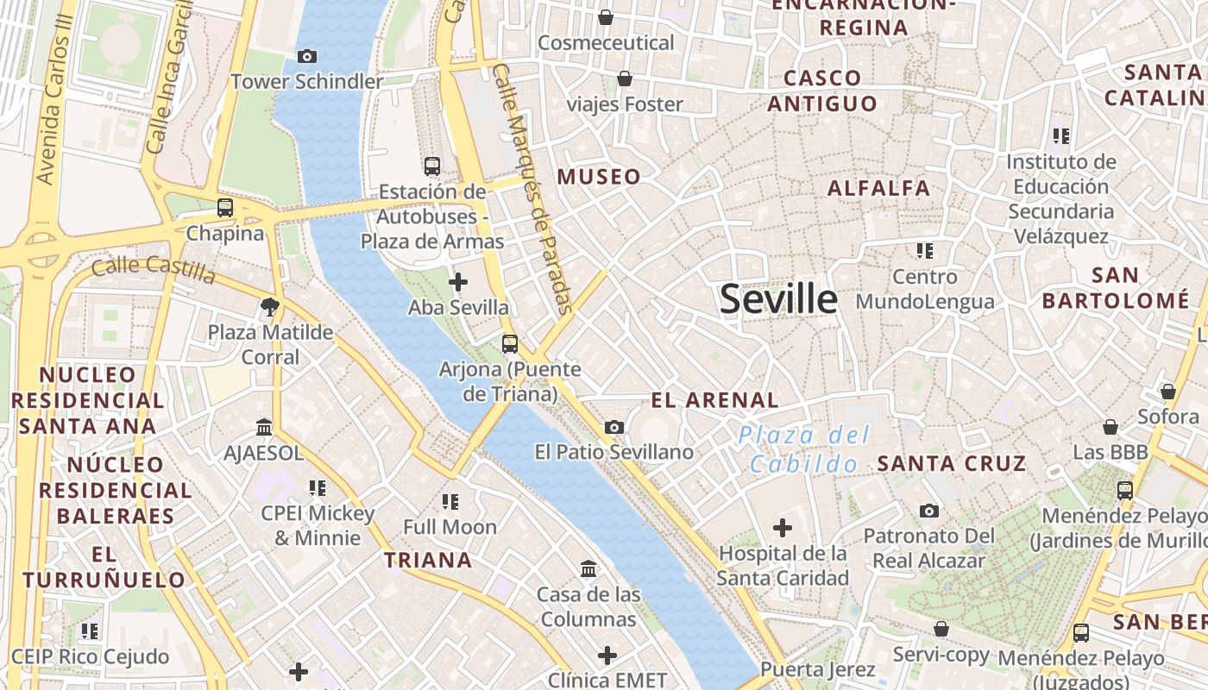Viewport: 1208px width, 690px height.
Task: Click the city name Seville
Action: [778, 299]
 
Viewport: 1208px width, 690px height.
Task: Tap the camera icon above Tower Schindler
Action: [306, 57]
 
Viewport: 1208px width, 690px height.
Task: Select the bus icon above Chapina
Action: [225, 208]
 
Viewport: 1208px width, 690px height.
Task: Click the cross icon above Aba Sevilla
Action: [458, 282]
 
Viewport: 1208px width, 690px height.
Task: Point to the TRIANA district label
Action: [428, 560]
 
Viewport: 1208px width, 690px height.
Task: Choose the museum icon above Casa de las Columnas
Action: [589, 569]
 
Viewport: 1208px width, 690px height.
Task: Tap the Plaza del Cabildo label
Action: [804, 449]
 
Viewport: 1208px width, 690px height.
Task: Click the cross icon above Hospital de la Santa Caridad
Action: [783, 528]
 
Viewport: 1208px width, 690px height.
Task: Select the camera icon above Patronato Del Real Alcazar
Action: [928, 511]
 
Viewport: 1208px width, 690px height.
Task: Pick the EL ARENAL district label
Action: [714, 400]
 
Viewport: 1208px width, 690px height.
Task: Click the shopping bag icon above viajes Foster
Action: [625, 79]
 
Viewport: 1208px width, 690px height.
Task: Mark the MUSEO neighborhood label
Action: [599, 178]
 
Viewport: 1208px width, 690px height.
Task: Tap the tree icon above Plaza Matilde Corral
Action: [270, 306]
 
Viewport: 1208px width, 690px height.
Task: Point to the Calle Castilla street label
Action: [153, 269]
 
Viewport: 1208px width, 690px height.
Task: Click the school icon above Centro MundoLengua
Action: [925, 251]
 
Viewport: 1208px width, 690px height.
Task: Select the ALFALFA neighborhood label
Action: [878, 188]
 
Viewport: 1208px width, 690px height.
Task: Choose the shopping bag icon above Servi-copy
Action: [941, 630]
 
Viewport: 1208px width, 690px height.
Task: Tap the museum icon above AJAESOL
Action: [264, 428]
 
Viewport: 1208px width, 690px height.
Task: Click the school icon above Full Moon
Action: [450, 501]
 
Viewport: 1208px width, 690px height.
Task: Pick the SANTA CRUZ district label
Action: [952, 463]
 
